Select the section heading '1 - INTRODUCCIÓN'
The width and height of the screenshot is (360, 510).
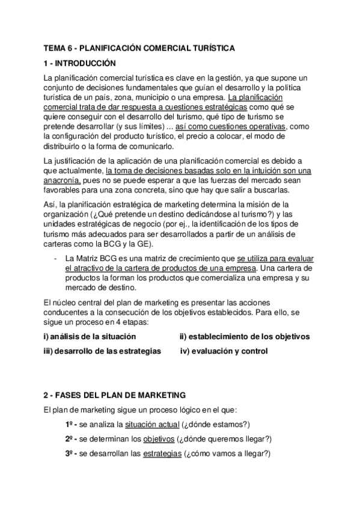79,63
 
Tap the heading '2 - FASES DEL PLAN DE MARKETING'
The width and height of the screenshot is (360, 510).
115,395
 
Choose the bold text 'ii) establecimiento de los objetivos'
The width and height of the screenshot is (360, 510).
244,336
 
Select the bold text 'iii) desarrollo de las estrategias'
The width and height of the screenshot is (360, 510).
102,351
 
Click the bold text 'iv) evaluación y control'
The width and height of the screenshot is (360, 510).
224,351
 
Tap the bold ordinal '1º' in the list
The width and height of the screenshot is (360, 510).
70,424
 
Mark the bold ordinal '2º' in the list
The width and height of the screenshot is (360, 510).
70,438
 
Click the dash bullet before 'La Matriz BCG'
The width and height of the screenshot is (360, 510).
55,258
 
